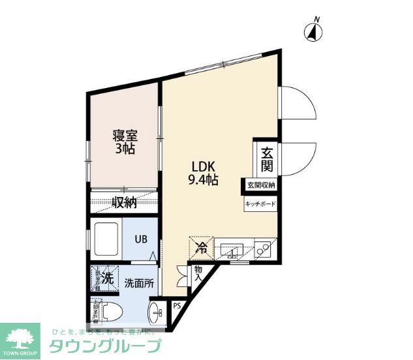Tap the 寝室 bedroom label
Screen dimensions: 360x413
coord(124,136)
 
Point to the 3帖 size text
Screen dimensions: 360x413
coord(124,150)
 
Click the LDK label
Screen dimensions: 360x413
coord(199,166)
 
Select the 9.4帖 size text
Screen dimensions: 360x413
coord(202,180)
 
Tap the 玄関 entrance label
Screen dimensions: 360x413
coord(267,160)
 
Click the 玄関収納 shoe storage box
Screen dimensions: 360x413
coord(261,185)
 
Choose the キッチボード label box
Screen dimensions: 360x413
coord(260,204)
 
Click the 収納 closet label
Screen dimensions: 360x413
coord(123,203)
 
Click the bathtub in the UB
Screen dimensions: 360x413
coord(106,239)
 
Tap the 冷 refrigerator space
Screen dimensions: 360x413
coord(202,248)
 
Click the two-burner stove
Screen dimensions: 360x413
coord(264,249)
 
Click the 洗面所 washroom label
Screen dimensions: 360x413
coord(140,282)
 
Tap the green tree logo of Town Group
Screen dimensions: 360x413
coord(20,338)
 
